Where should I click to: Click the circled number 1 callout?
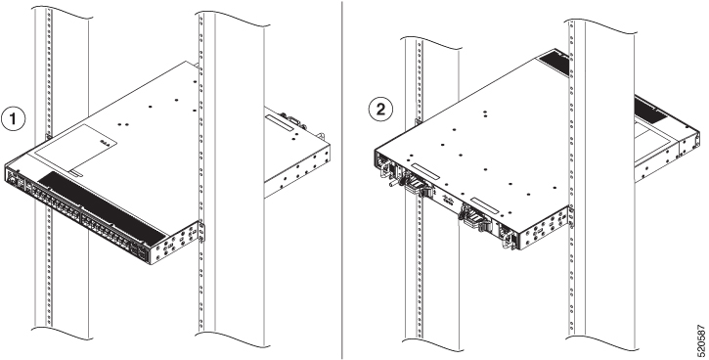[13, 119]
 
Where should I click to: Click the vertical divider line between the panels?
[342, 180]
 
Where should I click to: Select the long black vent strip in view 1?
[102, 205]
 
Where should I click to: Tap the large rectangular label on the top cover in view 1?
[75, 149]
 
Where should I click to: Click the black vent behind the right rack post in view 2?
[650, 108]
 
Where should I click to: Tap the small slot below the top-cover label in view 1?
[76, 173]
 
